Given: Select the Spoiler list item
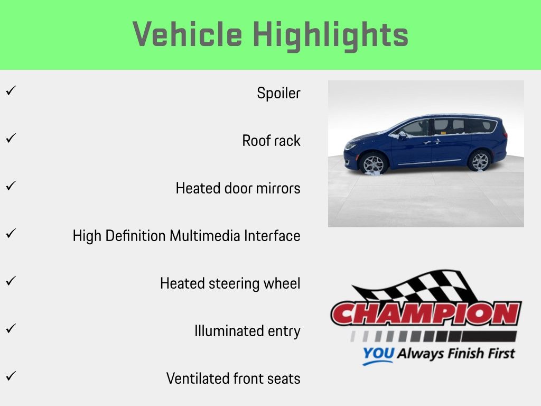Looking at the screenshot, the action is pyautogui.click(x=278, y=93).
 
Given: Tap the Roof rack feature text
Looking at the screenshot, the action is pyautogui.click(x=271, y=141).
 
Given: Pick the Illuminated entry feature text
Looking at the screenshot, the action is pyautogui.click(x=247, y=331).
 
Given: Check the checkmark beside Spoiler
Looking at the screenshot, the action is pyautogui.click(x=11, y=91).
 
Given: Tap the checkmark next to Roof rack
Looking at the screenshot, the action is pyautogui.click(x=11, y=138).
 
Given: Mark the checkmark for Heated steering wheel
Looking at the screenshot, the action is pyautogui.click(x=11, y=281).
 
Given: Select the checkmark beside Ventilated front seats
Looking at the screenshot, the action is pyautogui.click(x=11, y=376).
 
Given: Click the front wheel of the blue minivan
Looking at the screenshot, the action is pyautogui.click(x=373, y=163).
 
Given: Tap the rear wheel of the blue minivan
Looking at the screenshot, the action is pyautogui.click(x=480, y=161).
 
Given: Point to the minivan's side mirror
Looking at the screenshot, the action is pyautogui.click(x=402, y=135).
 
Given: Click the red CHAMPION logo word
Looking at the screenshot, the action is pyautogui.click(x=426, y=313).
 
